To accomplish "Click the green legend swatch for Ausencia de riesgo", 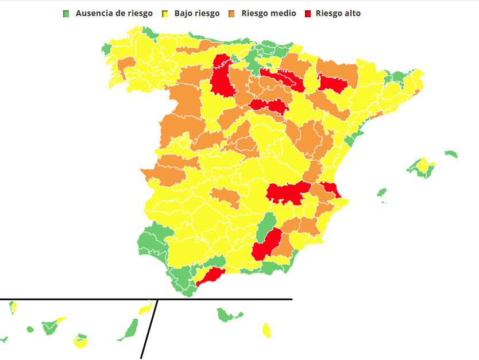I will pos(66,13).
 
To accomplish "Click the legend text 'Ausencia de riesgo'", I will pos(114,13).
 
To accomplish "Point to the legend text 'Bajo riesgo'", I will pos(196,13).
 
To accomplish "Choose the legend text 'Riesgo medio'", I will pos(269,13).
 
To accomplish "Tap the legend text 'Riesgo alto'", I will pos(338,13).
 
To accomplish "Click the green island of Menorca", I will pos(451,154).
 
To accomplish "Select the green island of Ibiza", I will pos(381,192).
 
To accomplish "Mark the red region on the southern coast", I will pos(210,276).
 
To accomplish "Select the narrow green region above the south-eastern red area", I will pos(266,226).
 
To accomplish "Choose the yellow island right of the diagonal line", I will pos(266,330).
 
